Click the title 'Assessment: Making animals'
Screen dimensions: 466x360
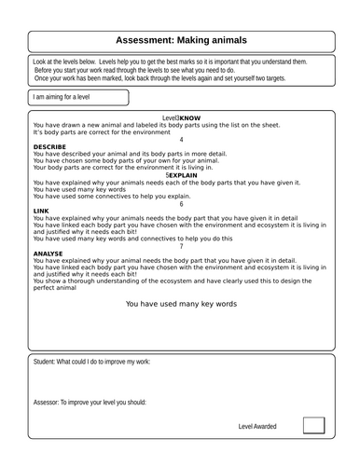click(x=179, y=40)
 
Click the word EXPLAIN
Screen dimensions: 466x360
click(x=184, y=174)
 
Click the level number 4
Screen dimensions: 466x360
click(x=180, y=139)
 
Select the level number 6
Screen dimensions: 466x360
click(x=180, y=203)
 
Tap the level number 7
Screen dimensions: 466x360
click(x=180, y=246)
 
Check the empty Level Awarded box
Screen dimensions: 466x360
click(x=314, y=425)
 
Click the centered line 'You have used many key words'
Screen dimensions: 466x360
click(x=180, y=304)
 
